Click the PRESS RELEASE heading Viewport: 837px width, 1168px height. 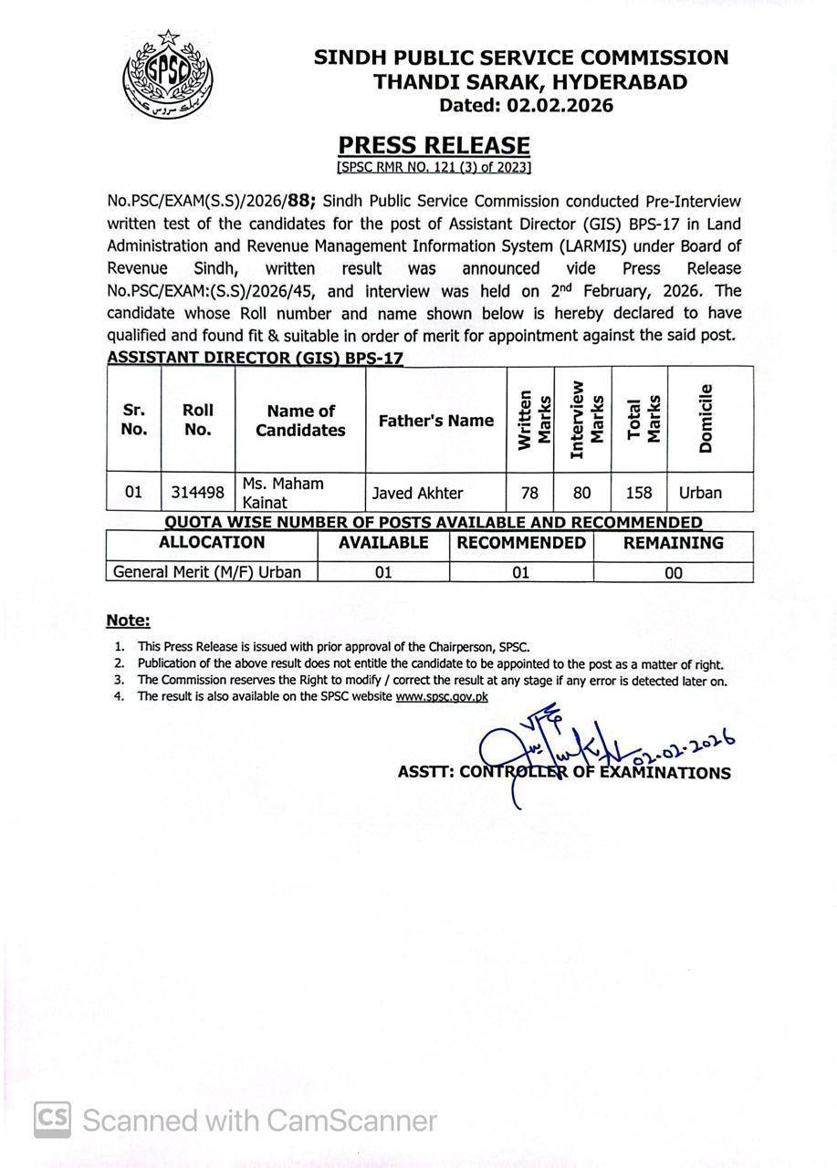(434, 145)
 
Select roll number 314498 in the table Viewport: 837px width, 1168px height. (198, 493)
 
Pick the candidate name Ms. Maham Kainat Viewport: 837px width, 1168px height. (283, 493)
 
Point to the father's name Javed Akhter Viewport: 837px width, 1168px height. (417, 493)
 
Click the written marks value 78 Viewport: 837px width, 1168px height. (529, 493)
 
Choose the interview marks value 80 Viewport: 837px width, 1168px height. (581, 493)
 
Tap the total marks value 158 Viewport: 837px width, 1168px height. (639, 493)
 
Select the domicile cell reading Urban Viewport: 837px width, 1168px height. (700, 493)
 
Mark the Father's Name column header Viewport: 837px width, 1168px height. (435, 421)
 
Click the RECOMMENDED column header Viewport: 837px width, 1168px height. (521, 543)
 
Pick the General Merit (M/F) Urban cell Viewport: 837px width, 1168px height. (211, 572)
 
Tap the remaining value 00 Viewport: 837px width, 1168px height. (673, 573)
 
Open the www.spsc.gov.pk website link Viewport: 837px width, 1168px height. (442, 696)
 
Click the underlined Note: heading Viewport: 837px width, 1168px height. (128, 620)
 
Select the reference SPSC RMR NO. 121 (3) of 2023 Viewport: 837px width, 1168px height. (434, 168)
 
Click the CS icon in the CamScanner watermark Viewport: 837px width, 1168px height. (53, 1120)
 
